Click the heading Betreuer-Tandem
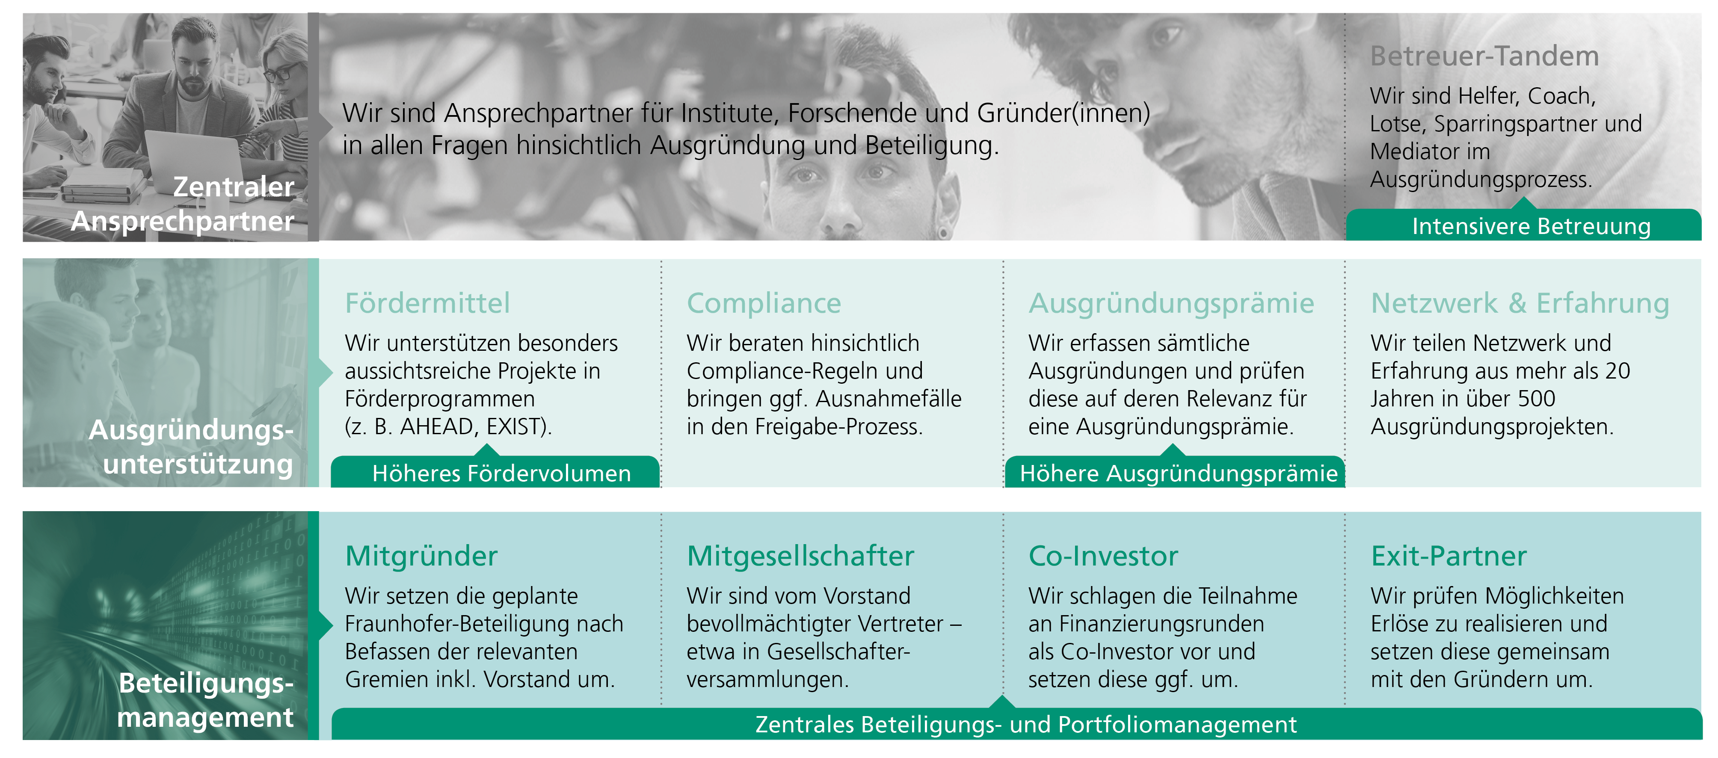coord(1484,56)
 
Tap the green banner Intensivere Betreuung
coord(1524,225)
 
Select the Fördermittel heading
coord(427,303)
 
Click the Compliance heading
coord(764,303)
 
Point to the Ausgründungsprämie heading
coord(1171,303)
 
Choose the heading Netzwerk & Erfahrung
coord(1520,303)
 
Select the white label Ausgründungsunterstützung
coord(191,446)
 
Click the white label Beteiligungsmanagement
coord(205,699)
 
